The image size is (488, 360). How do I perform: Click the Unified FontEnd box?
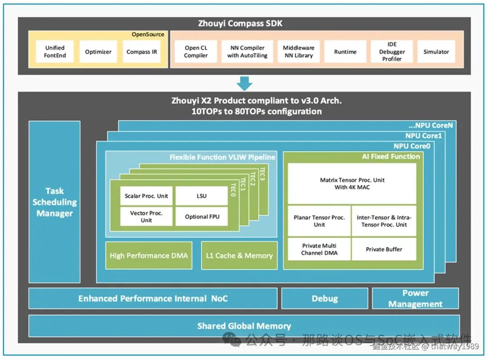point(55,51)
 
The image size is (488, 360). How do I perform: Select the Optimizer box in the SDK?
point(98,51)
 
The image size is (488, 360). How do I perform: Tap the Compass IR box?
point(142,51)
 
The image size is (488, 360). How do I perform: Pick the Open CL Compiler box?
point(196,51)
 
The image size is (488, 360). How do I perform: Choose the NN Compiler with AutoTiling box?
point(247,51)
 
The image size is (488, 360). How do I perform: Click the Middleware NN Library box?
point(298,51)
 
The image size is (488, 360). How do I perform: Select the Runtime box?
point(345,51)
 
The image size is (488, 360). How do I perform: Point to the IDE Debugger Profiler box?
point(391,51)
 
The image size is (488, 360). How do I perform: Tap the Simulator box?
point(436,51)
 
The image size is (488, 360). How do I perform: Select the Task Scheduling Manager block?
point(55,202)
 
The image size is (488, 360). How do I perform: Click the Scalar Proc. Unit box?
point(146,196)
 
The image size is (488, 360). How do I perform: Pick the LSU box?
point(202,196)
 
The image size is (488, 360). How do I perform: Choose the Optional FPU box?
point(202,217)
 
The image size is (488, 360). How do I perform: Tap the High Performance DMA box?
point(149,256)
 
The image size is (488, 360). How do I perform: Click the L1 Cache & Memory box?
point(239,256)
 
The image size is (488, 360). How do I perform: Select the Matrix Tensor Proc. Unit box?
point(352,183)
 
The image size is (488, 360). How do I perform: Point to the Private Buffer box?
point(384,249)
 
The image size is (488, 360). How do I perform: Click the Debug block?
point(324,299)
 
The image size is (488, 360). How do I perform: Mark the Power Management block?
point(415,299)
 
